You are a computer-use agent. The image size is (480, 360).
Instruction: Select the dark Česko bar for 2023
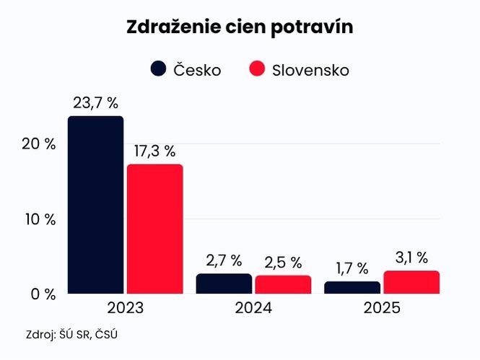click(95, 205)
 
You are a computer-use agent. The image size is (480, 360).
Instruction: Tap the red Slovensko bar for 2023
click(154, 229)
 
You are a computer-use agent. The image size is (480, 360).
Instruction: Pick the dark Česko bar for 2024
click(224, 284)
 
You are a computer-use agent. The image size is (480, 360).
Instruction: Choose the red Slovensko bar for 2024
click(283, 284)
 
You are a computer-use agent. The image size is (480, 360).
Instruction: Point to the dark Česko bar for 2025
click(352, 287)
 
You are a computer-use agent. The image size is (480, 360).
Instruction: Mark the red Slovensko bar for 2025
click(411, 282)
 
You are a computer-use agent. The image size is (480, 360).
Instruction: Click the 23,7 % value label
click(95, 103)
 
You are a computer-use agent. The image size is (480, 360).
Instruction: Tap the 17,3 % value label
click(154, 152)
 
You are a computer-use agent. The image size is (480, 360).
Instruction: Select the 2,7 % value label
click(224, 260)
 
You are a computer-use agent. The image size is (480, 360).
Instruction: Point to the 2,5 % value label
click(283, 262)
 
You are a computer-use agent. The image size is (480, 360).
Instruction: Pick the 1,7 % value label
click(352, 268)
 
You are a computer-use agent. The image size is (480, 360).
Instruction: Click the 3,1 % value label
click(411, 258)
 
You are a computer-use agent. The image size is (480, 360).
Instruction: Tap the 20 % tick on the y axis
click(38, 144)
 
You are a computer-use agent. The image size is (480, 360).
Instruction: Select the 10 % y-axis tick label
click(38, 219)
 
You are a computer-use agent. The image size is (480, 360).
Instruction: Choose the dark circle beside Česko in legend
click(159, 69)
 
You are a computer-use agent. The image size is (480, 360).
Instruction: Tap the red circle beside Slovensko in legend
click(258, 69)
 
